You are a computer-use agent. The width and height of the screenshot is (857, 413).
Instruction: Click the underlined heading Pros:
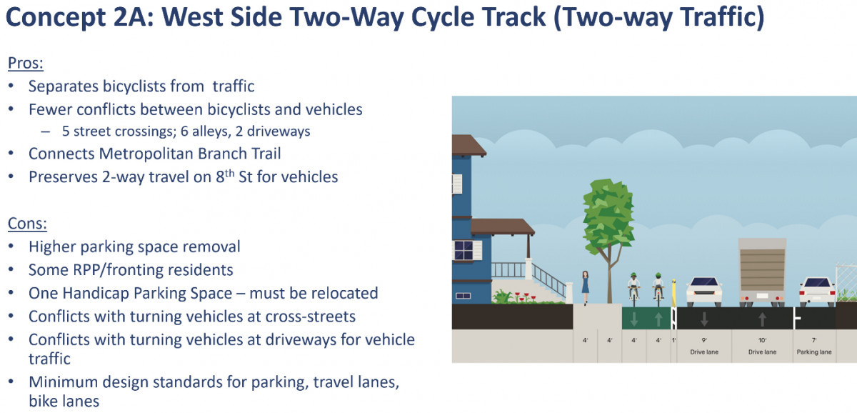[26, 63]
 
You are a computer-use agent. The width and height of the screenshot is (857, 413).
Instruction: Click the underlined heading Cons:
[27, 224]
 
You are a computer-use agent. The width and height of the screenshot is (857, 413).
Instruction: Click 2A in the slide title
[134, 17]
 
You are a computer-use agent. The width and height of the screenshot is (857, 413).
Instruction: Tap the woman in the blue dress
[585, 288]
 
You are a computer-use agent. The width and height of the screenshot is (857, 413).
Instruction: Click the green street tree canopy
[608, 217]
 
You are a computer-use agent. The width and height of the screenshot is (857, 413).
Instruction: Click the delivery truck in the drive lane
[762, 272]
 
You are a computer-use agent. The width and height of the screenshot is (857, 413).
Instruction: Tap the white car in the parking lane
[817, 292]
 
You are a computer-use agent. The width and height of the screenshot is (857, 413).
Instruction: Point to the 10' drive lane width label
[762, 340]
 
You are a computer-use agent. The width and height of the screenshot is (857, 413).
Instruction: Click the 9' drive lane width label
[704, 340]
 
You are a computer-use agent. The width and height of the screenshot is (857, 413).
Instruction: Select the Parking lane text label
[814, 352]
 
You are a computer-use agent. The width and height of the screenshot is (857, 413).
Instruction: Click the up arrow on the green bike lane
[658, 319]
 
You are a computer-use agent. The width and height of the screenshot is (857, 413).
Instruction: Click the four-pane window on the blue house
[464, 251]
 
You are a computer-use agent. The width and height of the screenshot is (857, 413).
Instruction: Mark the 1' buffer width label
[673, 340]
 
